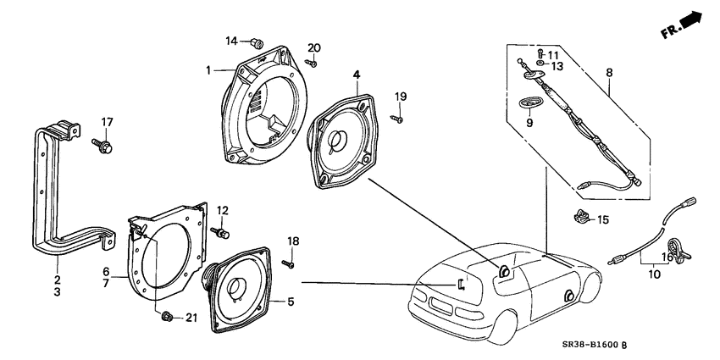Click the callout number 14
coord(231,41)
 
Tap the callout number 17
coord(108,120)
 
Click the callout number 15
coord(603,219)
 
